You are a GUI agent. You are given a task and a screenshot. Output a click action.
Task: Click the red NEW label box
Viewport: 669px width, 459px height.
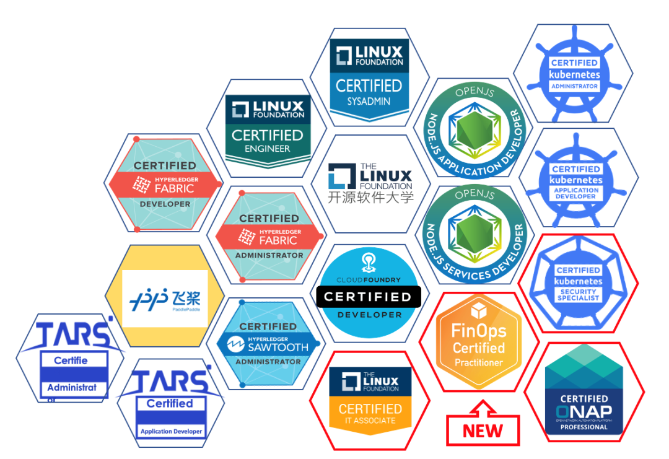[483, 431]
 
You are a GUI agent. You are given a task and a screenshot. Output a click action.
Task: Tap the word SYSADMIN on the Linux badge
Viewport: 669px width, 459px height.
[369, 101]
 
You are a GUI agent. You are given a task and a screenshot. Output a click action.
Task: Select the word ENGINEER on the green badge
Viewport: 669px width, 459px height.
[268, 149]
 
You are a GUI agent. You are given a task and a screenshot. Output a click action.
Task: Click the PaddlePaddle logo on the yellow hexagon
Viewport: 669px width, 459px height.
[165, 299]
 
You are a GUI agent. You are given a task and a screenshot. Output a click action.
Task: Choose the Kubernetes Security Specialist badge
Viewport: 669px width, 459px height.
[577, 282]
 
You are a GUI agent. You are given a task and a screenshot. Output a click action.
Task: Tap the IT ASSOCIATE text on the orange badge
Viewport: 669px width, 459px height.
[370, 421]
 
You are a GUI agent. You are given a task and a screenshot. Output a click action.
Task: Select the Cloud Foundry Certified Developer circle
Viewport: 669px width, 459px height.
[369, 291]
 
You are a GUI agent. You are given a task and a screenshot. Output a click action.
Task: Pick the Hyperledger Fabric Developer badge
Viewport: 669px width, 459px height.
[165, 183]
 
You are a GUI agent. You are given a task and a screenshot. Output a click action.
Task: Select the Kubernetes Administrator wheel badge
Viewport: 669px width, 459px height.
[574, 74]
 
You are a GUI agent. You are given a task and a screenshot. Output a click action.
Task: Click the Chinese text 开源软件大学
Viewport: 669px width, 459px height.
[370, 198]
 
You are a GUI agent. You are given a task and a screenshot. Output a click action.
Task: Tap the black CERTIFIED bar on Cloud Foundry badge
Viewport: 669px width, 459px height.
[369, 297]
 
